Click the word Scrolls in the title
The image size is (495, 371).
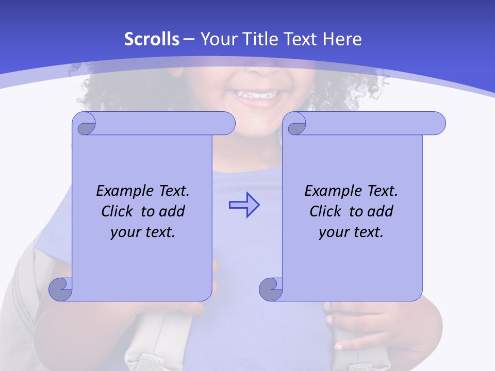tap(152, 39)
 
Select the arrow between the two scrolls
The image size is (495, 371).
tap(244, 205)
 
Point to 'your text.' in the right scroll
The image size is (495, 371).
tap(351, 232)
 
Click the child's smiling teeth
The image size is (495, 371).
tap(256, 95)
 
